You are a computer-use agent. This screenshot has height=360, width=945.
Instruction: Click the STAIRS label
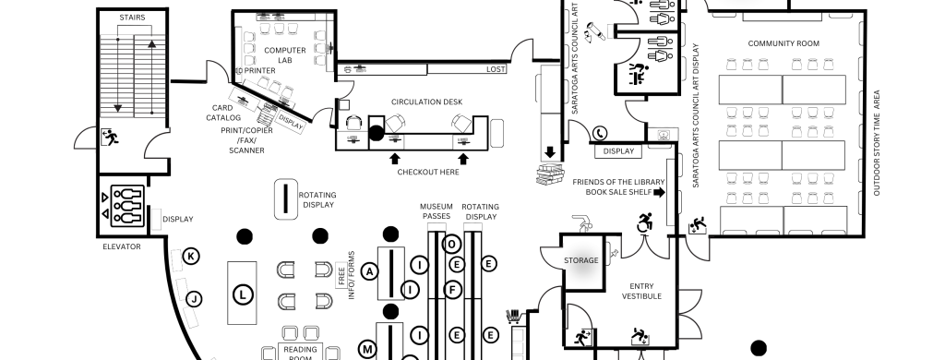tap(132, 18)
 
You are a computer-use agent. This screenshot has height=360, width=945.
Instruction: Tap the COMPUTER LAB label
tap(284, 55)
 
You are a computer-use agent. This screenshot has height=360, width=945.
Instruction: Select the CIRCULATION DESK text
tap(426, 102)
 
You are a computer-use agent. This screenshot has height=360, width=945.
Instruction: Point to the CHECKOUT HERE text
tap(428, 172)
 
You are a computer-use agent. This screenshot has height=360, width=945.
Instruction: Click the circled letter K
tap(191, 257)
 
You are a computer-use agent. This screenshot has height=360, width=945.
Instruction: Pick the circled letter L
tap(243, 294)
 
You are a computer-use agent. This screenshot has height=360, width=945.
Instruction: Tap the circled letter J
tap(194, 298)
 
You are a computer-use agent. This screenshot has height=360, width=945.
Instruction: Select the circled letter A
tap(369, 272)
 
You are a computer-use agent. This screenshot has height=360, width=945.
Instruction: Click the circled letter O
tap(451, 245)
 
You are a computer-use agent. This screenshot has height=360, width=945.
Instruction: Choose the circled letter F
tap(452, 290)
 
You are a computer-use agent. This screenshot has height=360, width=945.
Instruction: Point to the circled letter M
tap(367, 349)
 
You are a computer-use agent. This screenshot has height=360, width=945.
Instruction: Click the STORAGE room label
tap(581, 260)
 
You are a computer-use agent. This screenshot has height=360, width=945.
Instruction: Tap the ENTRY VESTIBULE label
tap(641, 292)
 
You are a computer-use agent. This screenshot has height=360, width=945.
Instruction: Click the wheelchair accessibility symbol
tap(644, 222)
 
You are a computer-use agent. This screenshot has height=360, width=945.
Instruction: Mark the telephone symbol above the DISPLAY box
tap(600, 133)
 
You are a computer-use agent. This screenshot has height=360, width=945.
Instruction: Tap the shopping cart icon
tap(513, 316)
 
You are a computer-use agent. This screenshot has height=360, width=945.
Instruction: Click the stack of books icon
tap(549, 174)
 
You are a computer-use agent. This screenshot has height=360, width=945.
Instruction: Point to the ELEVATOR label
tap(122, 246)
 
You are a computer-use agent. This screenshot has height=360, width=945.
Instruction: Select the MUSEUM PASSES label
tap(437, 211)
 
